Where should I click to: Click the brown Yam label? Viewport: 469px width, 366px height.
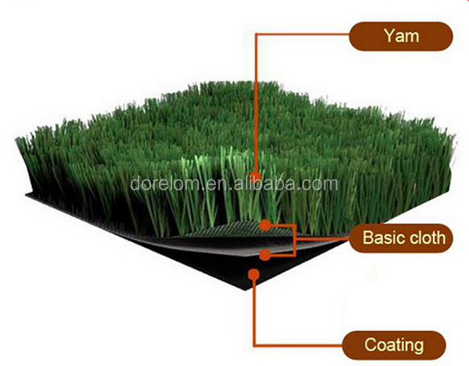tap(401, 36)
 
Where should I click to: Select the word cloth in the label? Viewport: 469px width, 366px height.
tap(428, 237)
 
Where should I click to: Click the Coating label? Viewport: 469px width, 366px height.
tap(394, 345)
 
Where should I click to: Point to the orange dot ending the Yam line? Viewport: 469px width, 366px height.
tap(255, 176)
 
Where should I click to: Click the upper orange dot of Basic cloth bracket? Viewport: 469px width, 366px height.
tap(265, 225)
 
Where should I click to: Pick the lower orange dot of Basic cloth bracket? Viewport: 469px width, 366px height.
tap(265, 255)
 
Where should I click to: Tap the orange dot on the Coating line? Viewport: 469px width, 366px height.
tap(254, 274)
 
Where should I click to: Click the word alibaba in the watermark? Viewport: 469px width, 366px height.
tap(264, 183)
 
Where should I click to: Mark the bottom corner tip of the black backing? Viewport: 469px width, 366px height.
tap(246, 290)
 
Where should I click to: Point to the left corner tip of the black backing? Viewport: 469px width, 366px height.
tap(27, 195)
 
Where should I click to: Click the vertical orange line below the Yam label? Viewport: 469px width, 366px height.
tap(256, 103)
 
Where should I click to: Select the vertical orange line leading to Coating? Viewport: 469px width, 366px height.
tap(254, 311)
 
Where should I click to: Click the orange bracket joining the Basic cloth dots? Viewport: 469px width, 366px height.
tap(295, 240)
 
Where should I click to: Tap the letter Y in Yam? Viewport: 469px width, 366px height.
tap(390, 35)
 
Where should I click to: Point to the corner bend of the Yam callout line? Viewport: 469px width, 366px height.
tap(256, 34)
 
